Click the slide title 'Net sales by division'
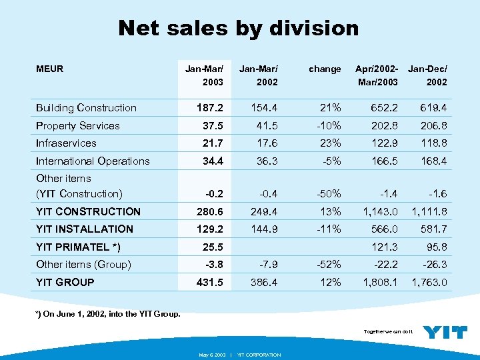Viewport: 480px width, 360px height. [238, 28]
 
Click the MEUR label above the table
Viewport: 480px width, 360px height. [49, 69]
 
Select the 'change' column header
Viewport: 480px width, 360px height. [325, 69]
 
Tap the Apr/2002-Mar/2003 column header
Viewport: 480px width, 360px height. [377, 75]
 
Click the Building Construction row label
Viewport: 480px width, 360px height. [86, 108]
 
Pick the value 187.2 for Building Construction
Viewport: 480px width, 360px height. [209, 108]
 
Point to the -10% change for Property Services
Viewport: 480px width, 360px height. [329, 125]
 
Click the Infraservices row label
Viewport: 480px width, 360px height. [66, 143]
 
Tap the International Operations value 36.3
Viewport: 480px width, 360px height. [265, 161]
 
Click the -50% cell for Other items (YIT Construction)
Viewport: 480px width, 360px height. [329, 194]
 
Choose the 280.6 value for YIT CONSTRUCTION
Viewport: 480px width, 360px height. [209, 212]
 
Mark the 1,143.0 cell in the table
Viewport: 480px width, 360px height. [379, 212]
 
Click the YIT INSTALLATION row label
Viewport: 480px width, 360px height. [84, 229]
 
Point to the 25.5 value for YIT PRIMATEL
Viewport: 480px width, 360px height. [212, 247]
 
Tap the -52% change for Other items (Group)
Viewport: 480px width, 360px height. [329, 265]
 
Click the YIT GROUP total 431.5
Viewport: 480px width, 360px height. [209, 283]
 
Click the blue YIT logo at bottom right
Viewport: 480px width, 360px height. [445, 332]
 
